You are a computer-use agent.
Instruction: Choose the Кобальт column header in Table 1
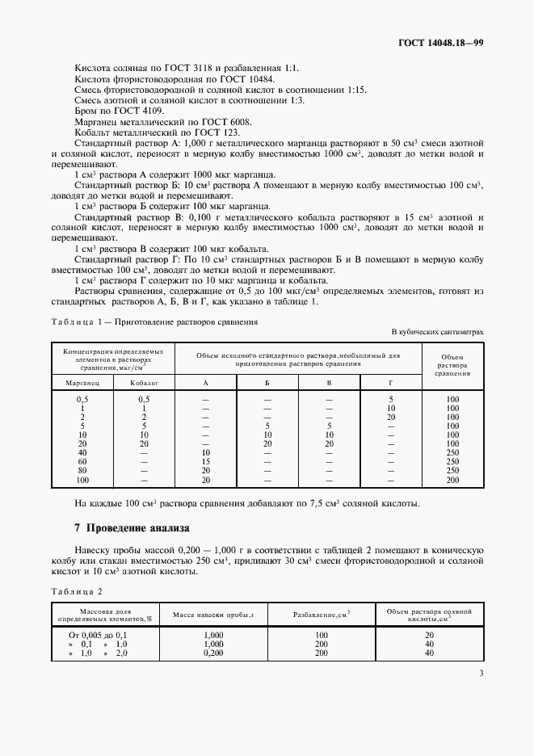(143, 381)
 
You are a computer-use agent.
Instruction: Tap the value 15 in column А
(205, 460)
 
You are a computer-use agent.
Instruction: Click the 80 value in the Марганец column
(82, 470)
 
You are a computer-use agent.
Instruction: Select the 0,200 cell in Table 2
(213, 652)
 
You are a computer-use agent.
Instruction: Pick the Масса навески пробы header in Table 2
(213, 616)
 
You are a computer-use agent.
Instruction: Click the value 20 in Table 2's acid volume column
(429, 636)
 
